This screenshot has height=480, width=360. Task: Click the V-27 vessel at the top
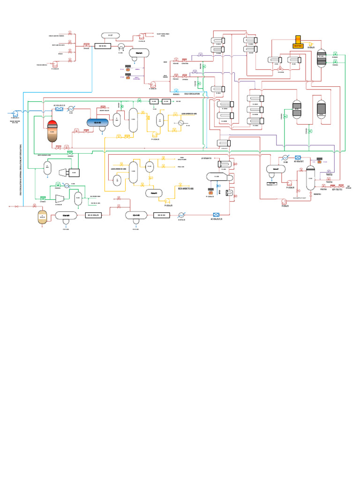tap(111, 35)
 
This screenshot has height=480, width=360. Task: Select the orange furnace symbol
tap(299, 42)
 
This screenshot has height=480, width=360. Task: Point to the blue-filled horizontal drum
tap(97, 122)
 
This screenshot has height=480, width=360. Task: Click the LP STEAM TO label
tap(207, 158)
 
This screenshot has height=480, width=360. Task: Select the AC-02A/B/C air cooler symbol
tap(298, 158)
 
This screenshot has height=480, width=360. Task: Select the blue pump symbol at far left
tap(15, 113)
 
